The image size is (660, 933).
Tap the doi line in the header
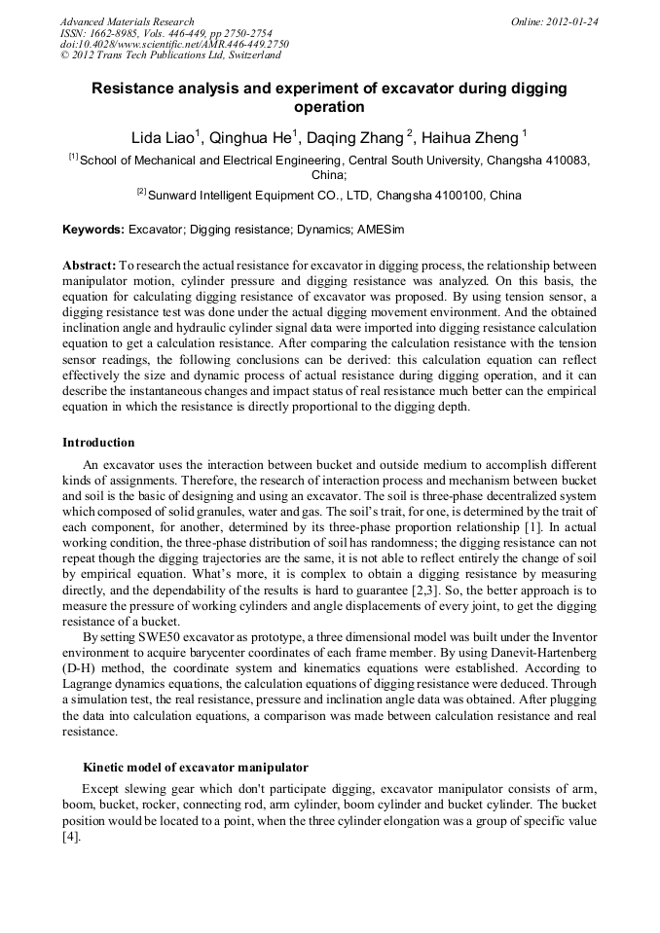(x=174, y=45)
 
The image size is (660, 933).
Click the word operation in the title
(x=329, y=107)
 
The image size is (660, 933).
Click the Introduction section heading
(x=98, y=443)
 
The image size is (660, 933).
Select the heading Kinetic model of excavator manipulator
(x=196, y=768)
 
